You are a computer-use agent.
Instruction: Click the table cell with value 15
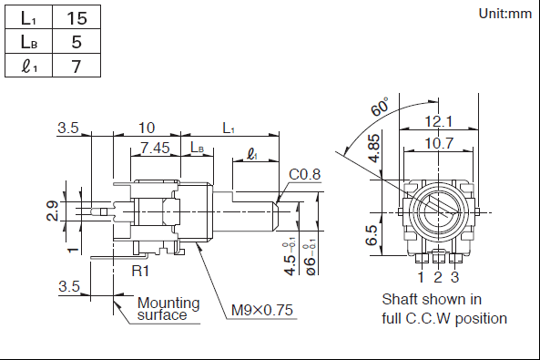coord(76,17)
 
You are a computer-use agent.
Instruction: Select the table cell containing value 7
coord(76,66)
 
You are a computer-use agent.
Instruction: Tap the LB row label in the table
coord(28,41)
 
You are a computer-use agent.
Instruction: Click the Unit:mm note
coord(505,14)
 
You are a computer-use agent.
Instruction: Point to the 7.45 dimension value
coord(155,148)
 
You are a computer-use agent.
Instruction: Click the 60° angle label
coord(380,107)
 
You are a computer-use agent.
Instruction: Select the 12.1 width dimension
coord(439,121)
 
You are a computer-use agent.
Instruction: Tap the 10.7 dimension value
coord(439,143)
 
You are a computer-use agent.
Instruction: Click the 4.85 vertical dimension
coord(373,149)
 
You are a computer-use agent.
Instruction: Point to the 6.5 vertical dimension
coord(372,235)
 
